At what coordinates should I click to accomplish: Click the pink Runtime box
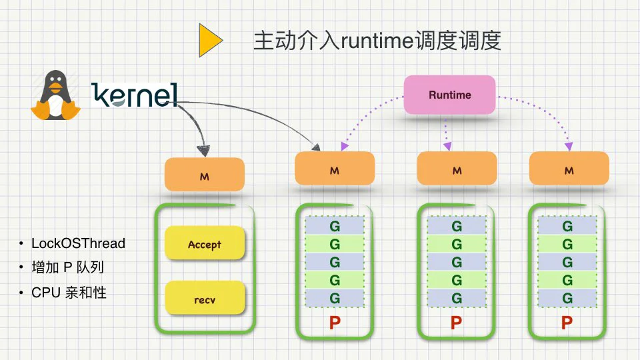click(449, 95)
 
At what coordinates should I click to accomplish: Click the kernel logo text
click(135, 95)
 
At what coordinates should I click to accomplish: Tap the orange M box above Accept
click(205, 175)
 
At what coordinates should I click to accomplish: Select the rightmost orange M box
click(569, 169)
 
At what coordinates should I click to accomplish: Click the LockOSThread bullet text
click(79, 243)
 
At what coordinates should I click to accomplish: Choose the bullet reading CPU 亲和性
click(69, 293)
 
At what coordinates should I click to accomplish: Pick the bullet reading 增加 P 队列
click(68, 267)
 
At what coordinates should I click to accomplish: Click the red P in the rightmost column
click(567, 323)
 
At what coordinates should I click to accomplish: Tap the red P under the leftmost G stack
click(335, 323)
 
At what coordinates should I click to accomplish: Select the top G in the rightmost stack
click(567, 226)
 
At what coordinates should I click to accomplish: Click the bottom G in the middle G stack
click(457, 299)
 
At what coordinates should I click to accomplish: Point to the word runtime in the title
click(377, 41)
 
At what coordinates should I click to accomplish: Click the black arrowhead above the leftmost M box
click(204, 151)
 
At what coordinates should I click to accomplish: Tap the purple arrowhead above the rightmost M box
click(569, 147)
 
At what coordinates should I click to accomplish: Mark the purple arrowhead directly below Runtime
click(447, 146)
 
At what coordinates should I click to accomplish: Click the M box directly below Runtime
click(457, 169)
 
